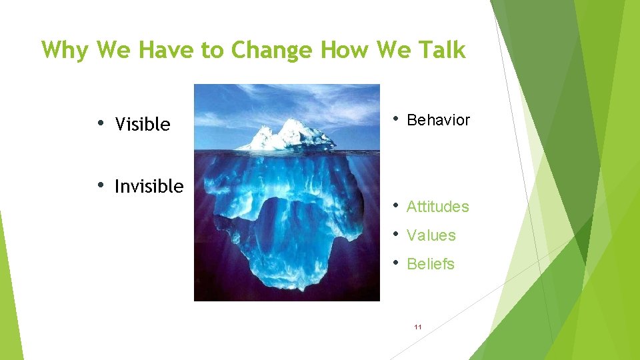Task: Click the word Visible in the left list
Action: click(142, 125)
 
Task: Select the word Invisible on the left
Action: click(149, 187)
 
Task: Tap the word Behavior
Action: click(438, 121)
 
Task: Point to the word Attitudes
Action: click(437, 207)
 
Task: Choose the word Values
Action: click(431, 236)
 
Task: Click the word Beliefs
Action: click(430, 265)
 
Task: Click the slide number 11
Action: click(418, 327)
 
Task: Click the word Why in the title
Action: click(65, 50)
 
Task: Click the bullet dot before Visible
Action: click(100, 123)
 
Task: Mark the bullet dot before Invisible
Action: click(100, 185)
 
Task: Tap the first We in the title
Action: click(110, 50)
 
